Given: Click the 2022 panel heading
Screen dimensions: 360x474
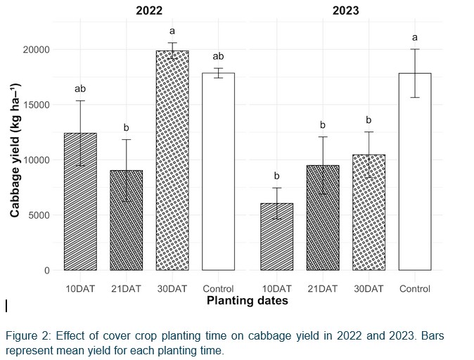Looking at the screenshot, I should pyautogui.click(x=149, y=11).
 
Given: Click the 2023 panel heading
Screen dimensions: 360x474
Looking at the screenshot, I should pyautogui.click(x=345, y=11).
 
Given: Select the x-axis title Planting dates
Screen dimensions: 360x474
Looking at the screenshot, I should pyautogui.click(x=247, y=301).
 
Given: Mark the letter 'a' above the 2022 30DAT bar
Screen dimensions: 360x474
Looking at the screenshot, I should pyautogui.click(x=172, y=32).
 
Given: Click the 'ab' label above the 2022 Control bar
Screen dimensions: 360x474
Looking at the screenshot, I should pyautogui.click(x=218, y=56).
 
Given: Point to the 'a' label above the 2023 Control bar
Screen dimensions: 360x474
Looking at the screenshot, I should pyautogui.click(x=414, y=37).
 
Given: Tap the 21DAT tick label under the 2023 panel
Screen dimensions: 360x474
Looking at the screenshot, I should pyautogui.click(x=322, y=289).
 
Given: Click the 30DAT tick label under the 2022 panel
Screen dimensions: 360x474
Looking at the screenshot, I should pyautogui.click(x=172, y=289).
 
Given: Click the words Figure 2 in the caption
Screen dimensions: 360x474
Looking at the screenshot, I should pyautogui.click(x=27, y=335).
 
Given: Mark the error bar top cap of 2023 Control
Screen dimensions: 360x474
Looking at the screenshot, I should pyautogui.click(x=414, y=49).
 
